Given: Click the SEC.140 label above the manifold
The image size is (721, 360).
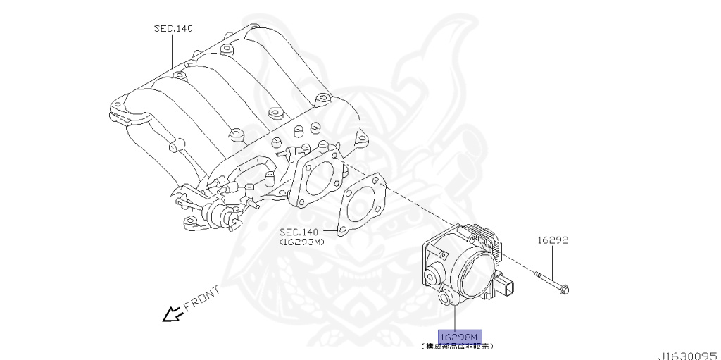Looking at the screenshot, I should coord(173,29).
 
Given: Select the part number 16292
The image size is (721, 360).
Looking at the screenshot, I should coord(553,240).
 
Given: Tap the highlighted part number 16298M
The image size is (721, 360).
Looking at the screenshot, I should coord(460,336).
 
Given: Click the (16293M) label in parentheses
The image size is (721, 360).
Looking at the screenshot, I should coord(301,241).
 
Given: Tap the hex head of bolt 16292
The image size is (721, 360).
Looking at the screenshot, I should coord(565,287).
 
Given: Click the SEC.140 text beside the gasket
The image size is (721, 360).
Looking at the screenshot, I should coord(299,232).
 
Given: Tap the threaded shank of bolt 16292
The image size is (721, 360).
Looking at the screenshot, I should coord(546,279).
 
